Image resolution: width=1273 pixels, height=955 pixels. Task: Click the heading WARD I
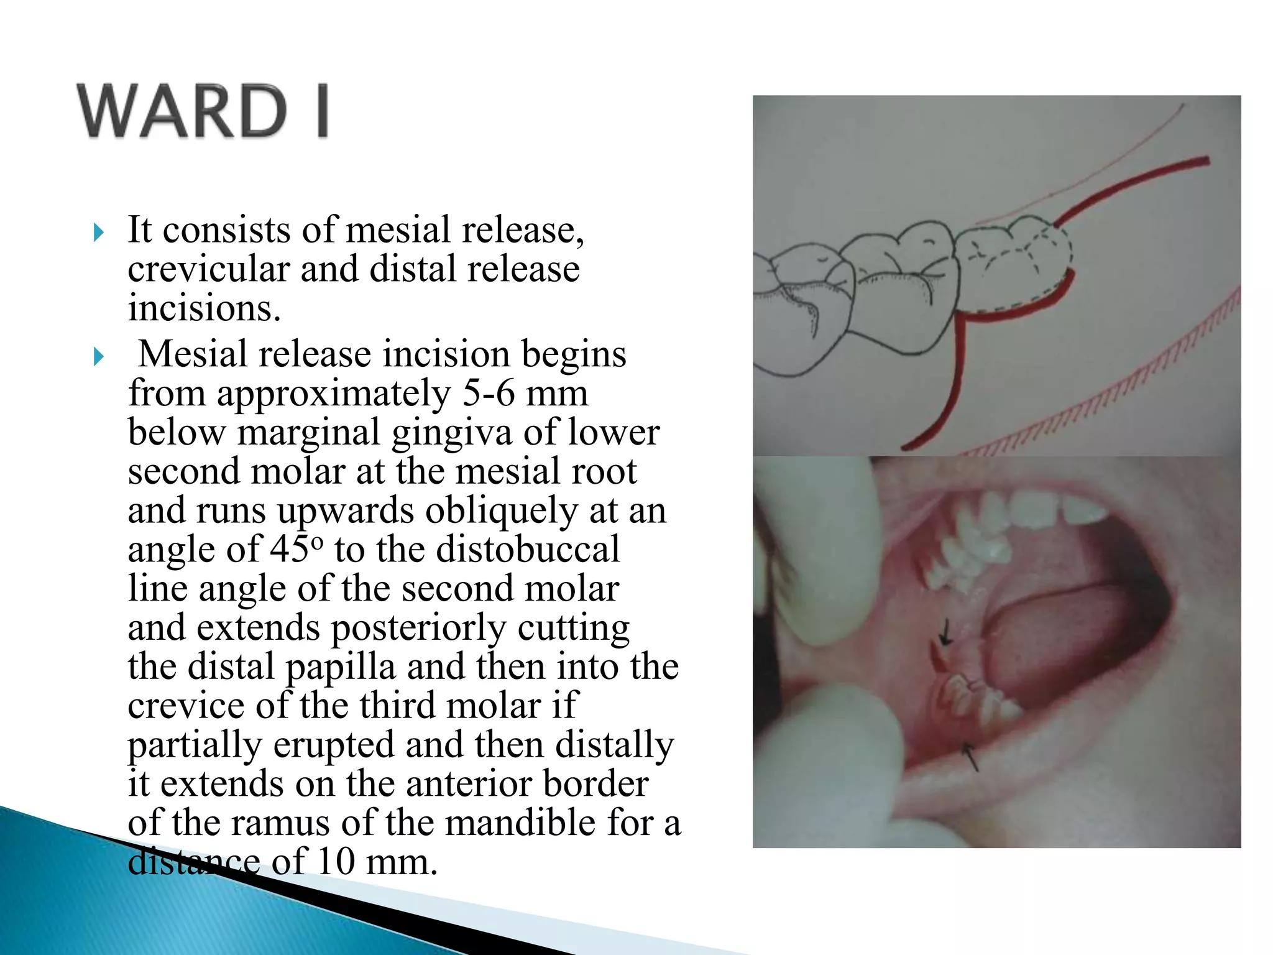point(203,111)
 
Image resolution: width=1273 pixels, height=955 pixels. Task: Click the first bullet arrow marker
point(98,233)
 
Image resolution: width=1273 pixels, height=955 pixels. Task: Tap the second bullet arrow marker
point(98,357)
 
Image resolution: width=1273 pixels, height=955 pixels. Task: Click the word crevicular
point(208,269)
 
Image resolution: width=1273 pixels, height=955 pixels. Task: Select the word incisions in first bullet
point(204,308)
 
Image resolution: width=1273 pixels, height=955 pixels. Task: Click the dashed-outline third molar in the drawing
point(1010,264)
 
